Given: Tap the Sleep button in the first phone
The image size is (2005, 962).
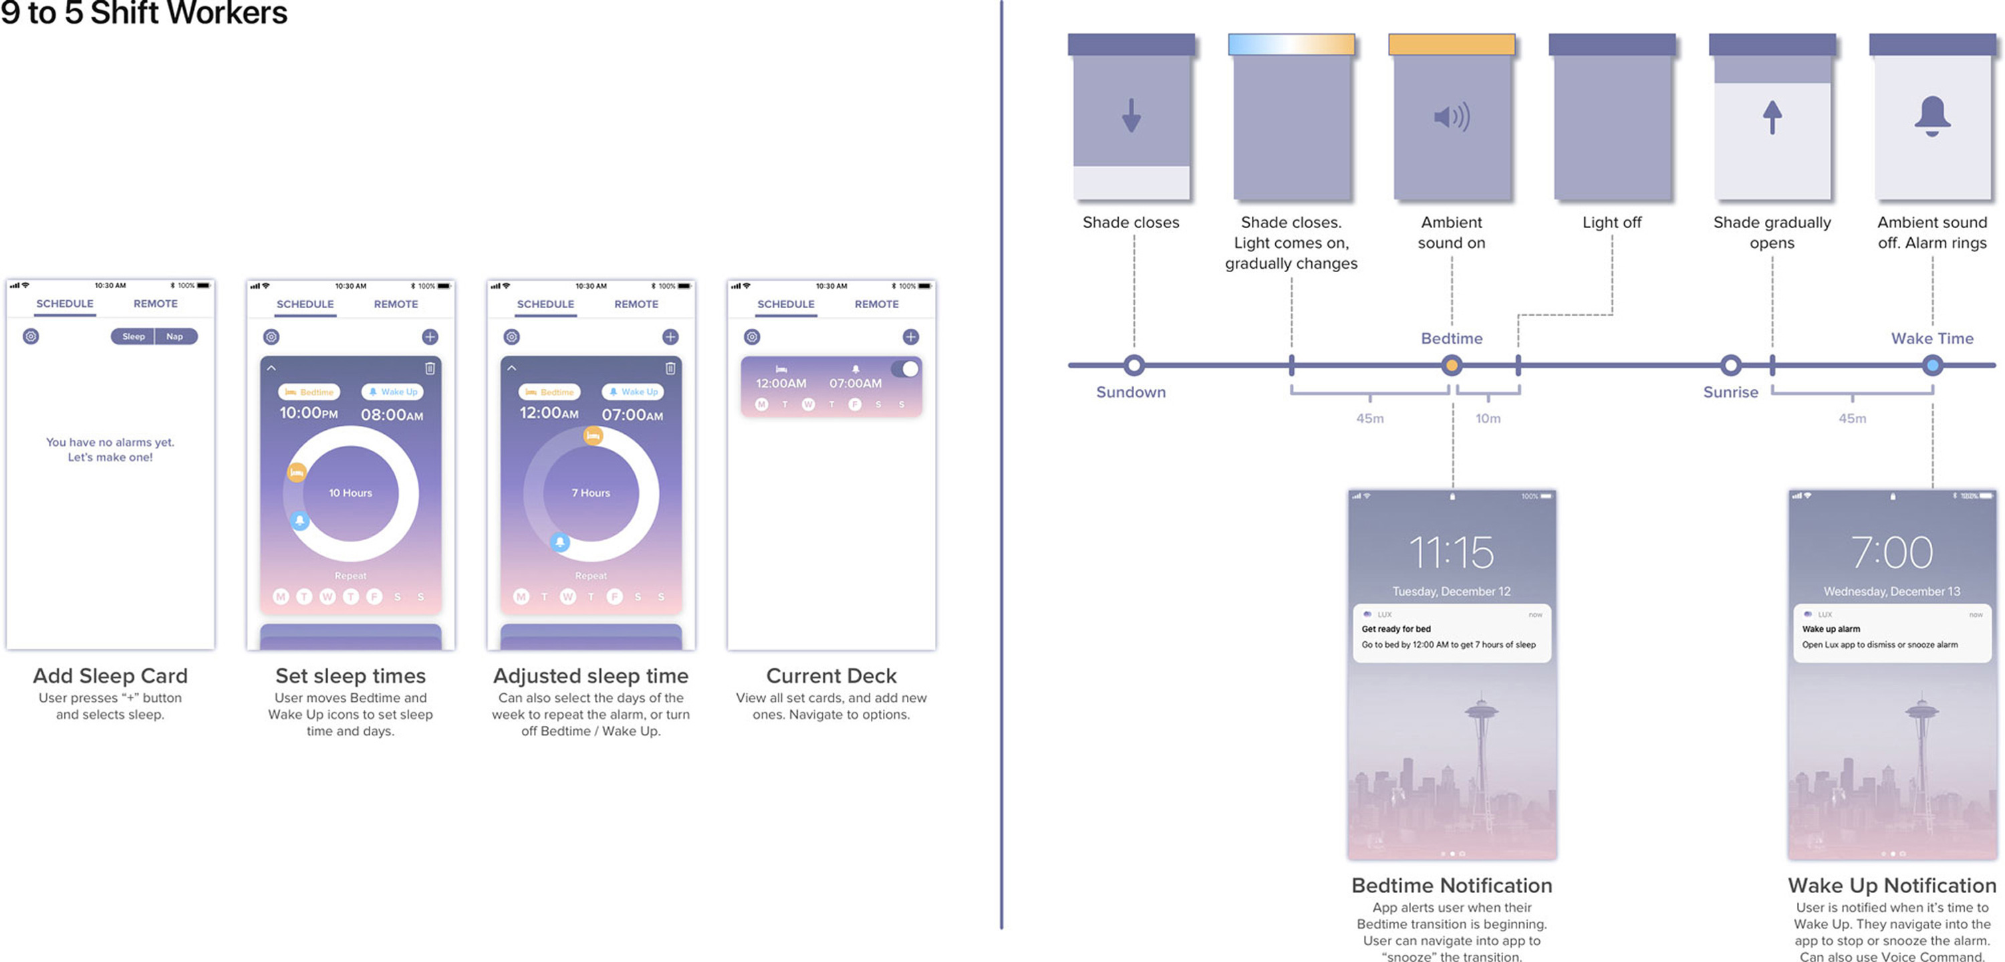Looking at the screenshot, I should (133, 336).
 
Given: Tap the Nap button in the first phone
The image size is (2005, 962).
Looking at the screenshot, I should (174, 336).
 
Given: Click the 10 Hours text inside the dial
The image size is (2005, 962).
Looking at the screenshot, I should (350, 493).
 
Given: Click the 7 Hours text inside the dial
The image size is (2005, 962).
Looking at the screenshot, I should (591, 493).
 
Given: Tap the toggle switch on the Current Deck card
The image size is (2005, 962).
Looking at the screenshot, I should (904, 369).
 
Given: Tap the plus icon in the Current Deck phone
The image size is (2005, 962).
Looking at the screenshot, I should (911, 336).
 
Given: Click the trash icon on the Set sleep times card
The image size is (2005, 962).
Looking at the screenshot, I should (430, 368).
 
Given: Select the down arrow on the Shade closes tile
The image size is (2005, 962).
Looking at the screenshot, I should (1131, 116).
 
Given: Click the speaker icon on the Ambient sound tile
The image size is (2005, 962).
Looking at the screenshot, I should (1452, 117).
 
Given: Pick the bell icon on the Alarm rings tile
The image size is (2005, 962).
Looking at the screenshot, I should (1932, 117).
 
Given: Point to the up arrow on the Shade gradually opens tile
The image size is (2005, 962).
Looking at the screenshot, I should (1772, 118).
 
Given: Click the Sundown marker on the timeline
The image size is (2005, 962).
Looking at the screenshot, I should (1134, 365).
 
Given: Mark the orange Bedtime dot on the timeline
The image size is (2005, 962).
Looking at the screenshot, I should (1452, 365).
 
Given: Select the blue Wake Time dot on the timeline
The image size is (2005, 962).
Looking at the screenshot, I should (1932, 365).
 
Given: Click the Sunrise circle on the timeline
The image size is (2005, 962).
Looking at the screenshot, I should (1730, 365).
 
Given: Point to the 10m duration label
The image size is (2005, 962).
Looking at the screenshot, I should (1488, 418).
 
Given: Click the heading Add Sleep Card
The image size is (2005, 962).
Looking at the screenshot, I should (110, 676).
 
